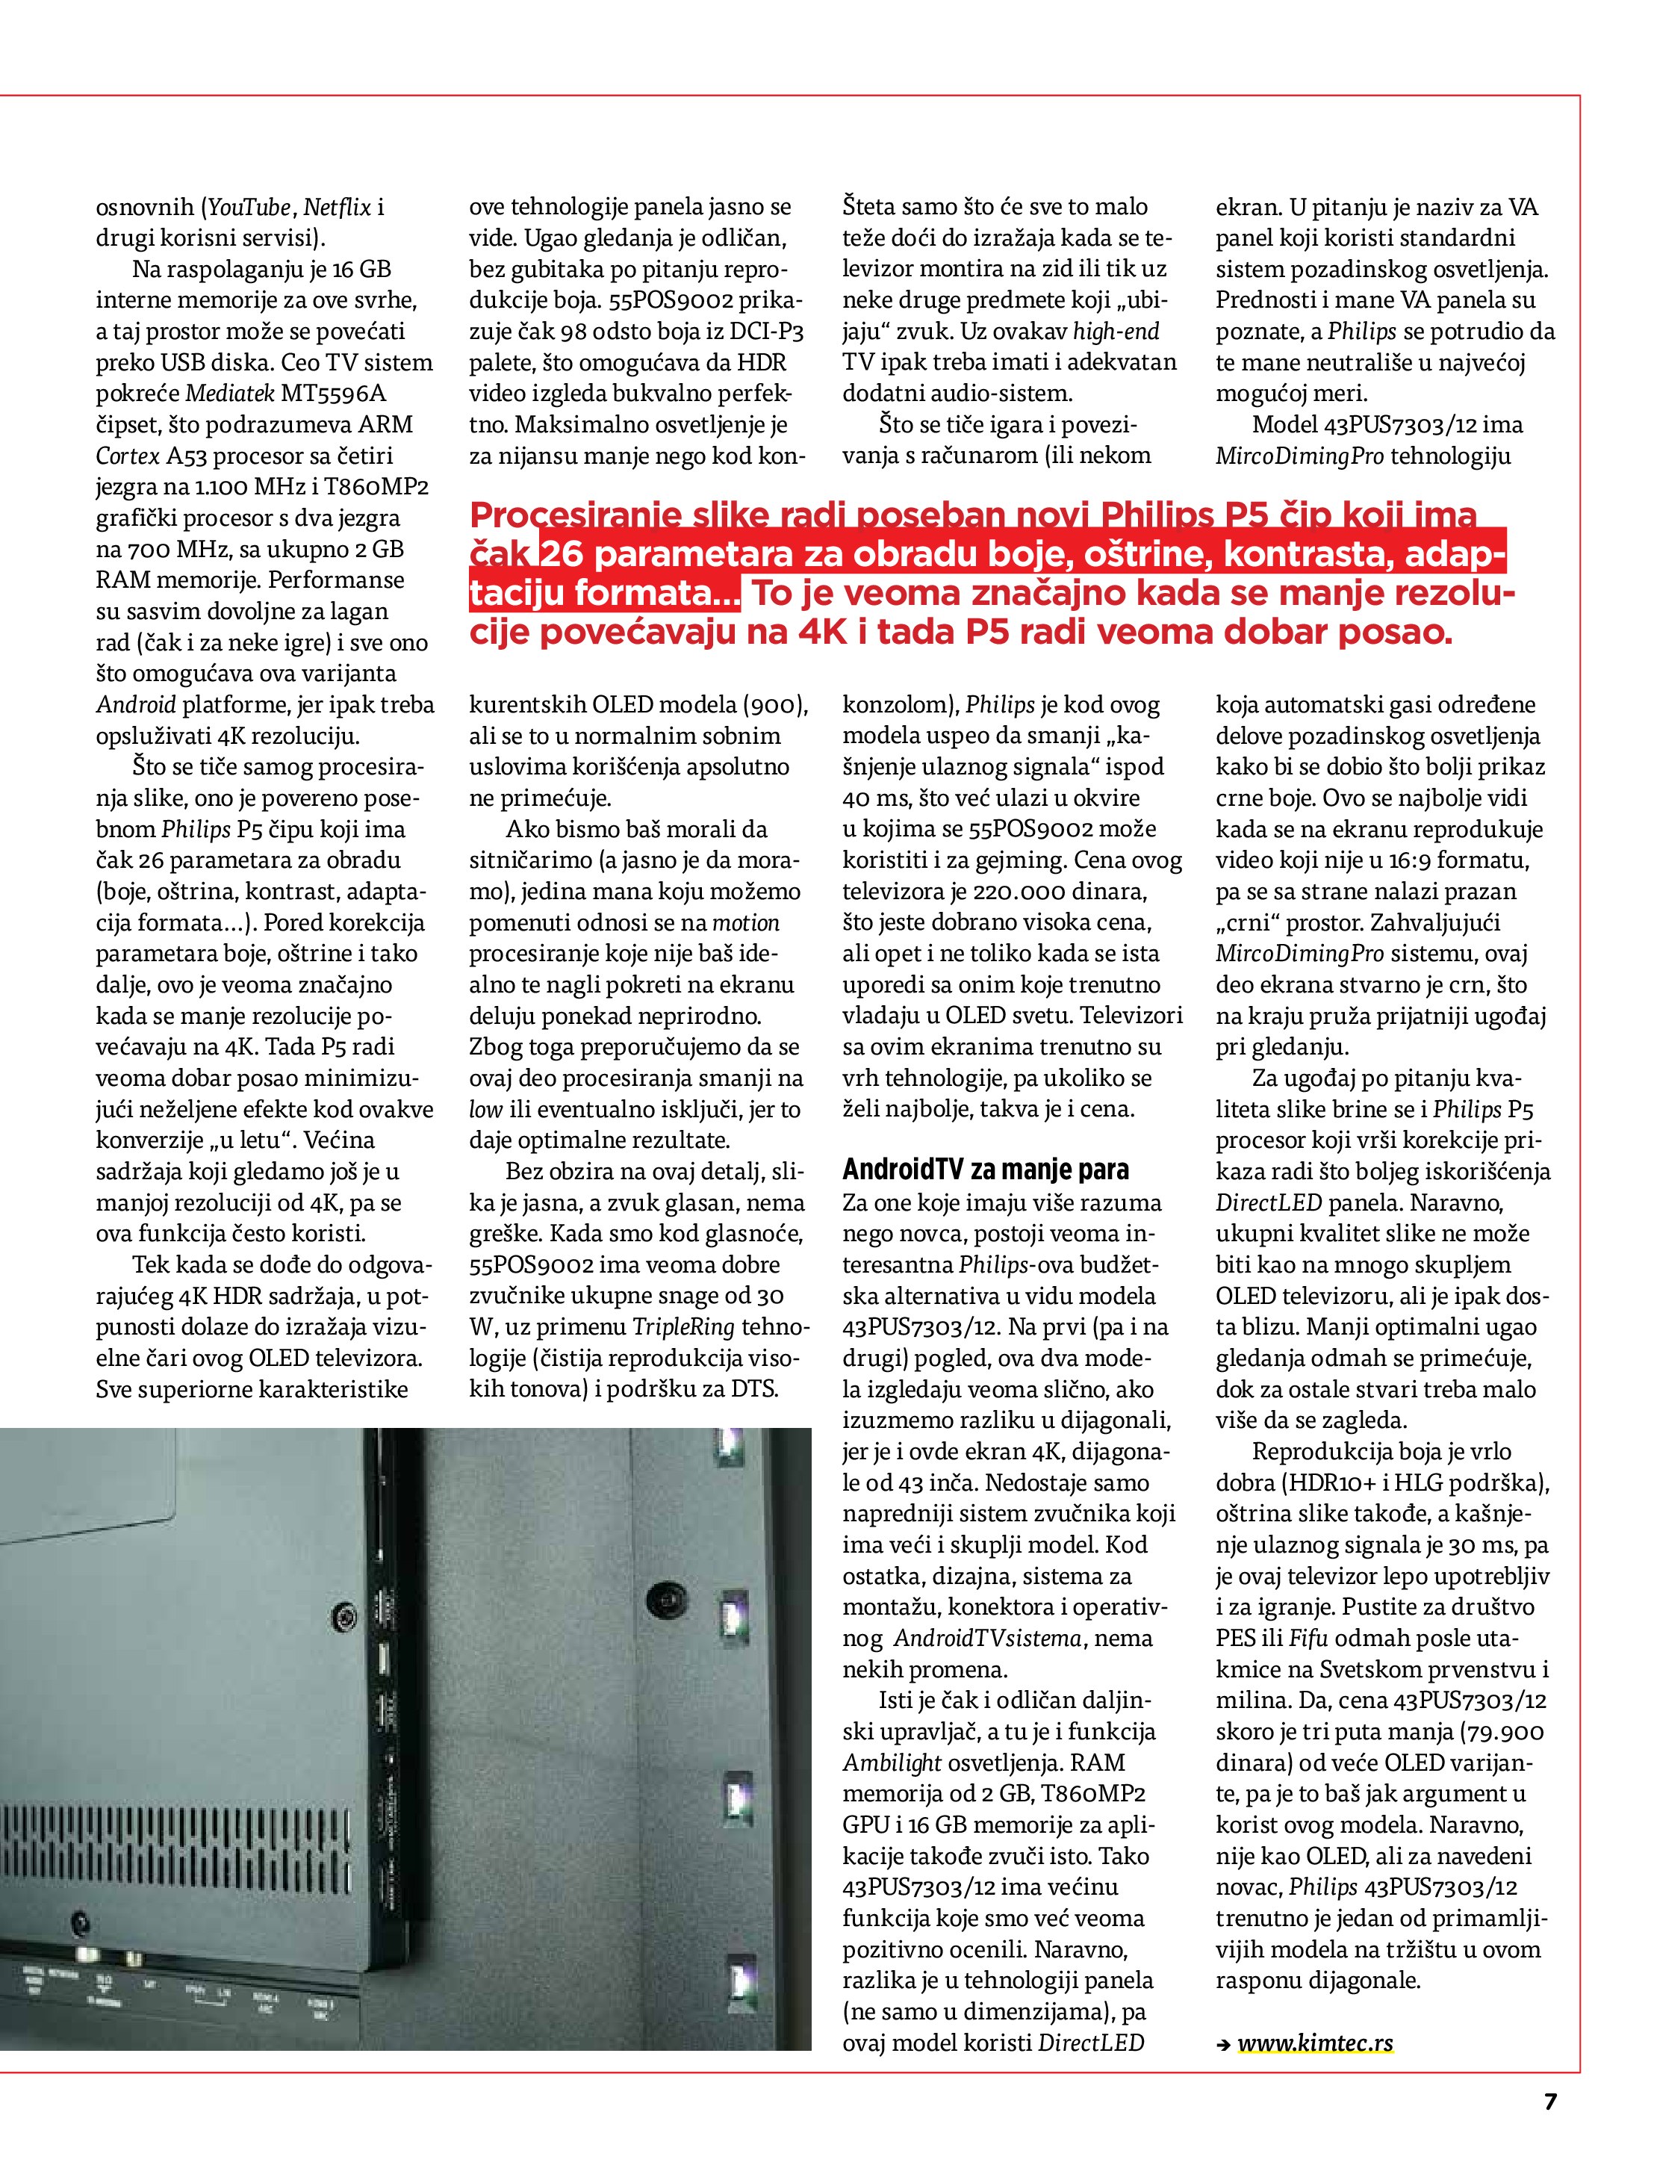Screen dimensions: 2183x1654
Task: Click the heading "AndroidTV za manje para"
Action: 985,1170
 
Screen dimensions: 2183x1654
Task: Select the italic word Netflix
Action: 338,208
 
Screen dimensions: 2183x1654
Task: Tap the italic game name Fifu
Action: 1308,1639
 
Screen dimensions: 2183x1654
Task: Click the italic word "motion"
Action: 745,923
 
